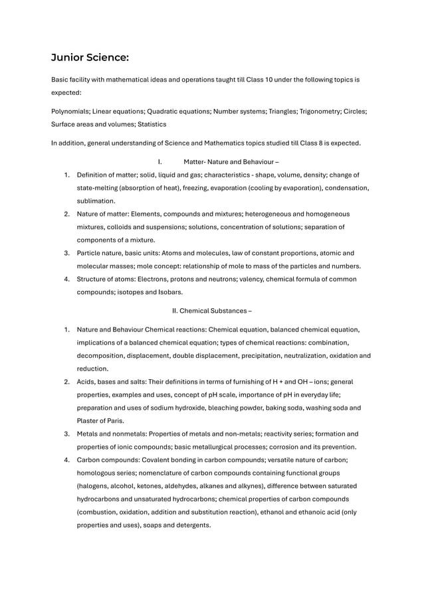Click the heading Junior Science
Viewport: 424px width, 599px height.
90,58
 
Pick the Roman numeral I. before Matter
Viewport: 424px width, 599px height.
159,161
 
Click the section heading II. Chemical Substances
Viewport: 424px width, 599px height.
212,310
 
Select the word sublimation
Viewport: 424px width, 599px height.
96,200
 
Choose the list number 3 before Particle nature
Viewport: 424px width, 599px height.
66,253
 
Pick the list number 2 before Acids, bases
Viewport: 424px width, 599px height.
66,382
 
